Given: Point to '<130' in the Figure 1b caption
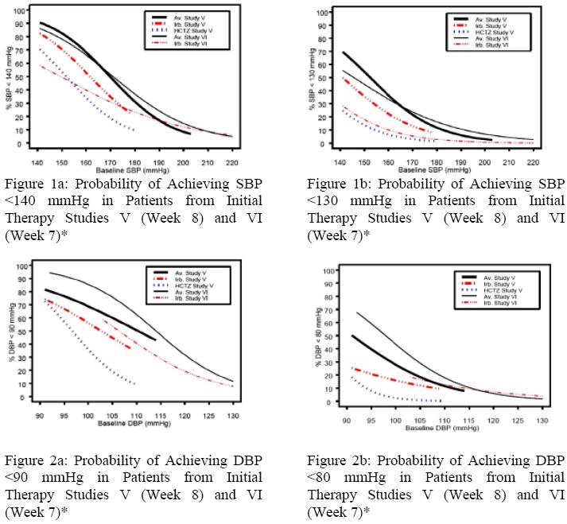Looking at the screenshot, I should (322, 201).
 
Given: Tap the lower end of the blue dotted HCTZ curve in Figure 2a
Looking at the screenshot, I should (134, 384).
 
